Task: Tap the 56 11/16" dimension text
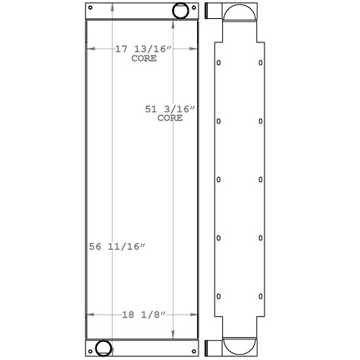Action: [117, 246]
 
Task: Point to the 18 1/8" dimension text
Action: [144, 314]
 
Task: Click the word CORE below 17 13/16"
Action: [144, 58]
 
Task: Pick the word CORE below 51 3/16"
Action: [170, 118]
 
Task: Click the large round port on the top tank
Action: [182, 11]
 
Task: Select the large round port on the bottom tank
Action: [102, 349]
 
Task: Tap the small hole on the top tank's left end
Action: [91, 8]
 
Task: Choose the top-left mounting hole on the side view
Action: [218, 63]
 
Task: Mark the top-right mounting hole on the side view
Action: [261, 63]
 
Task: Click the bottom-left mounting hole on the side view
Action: [218, 296]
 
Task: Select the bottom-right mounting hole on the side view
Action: [261, 296]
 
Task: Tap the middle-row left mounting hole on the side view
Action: [218, 180]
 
